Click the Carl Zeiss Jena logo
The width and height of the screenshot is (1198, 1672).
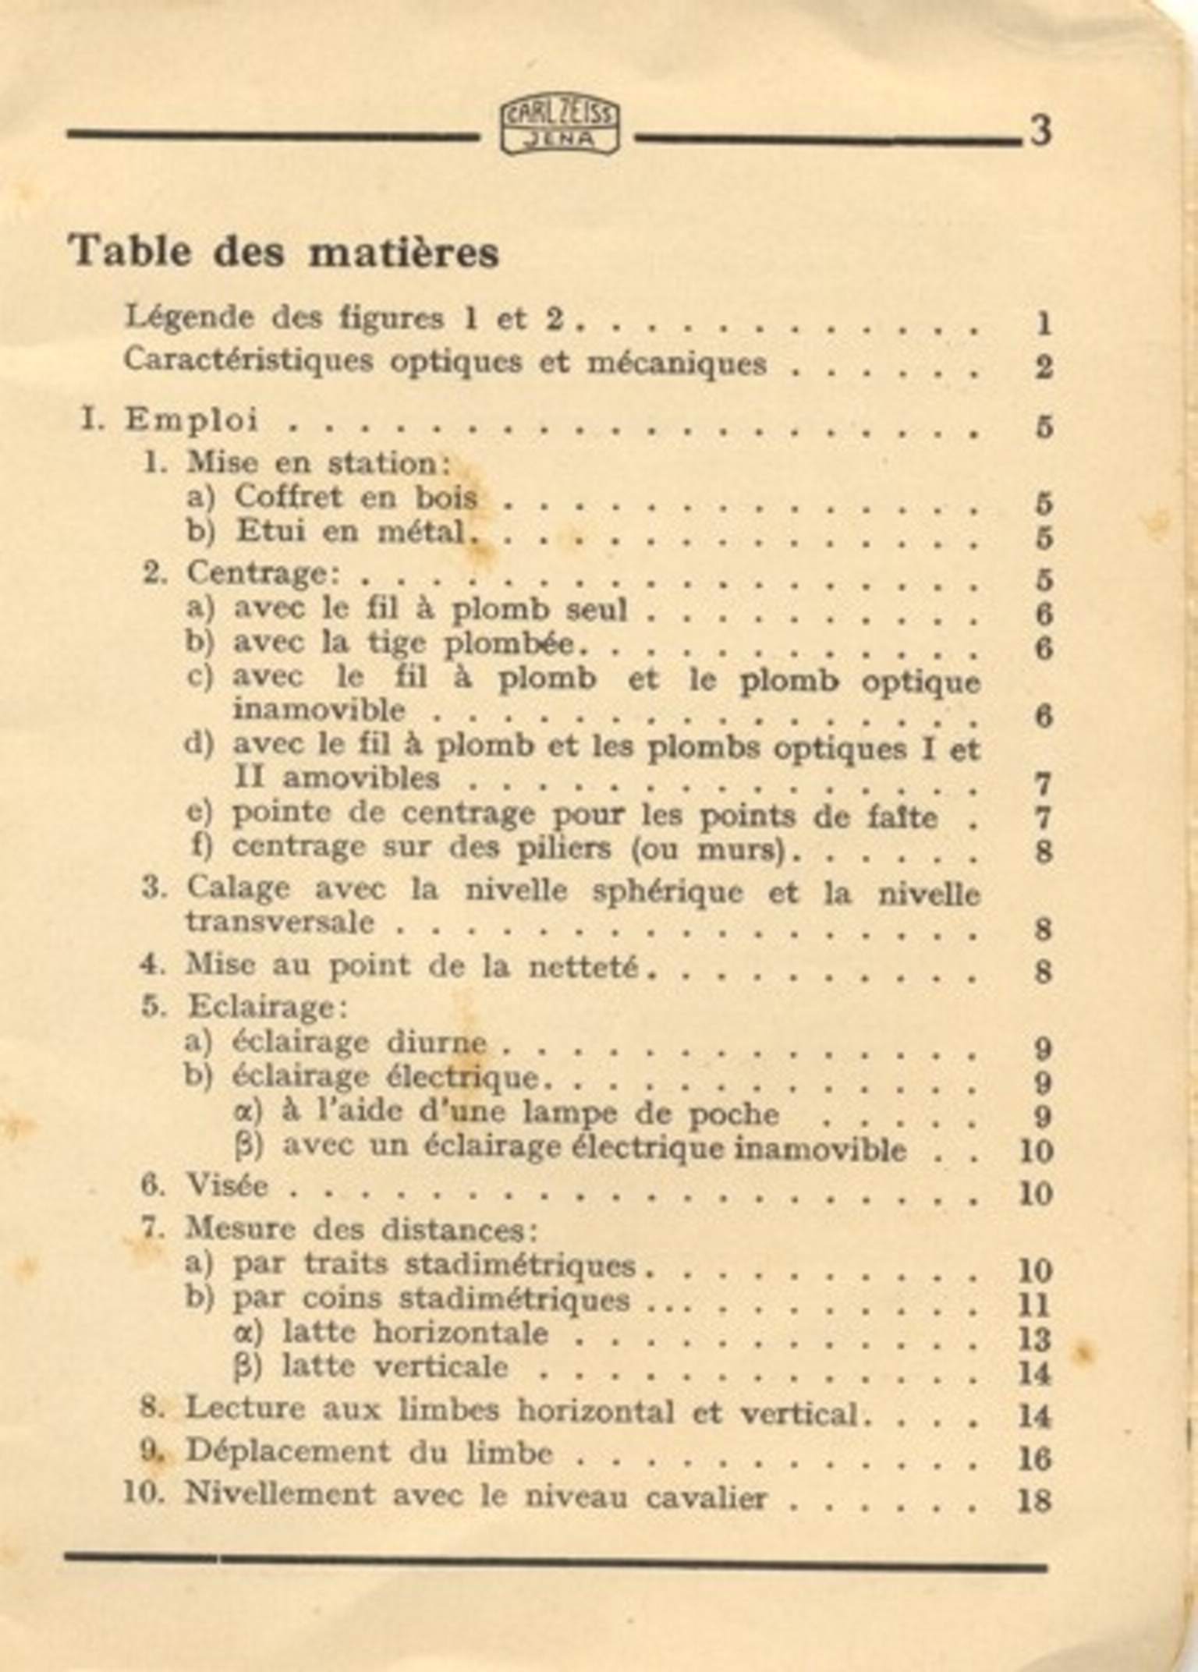coord(559,128)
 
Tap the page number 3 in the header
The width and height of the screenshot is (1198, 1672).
coord(1040,131)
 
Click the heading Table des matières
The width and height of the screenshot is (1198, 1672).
coord(284,252)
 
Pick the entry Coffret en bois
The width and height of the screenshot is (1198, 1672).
coord(355,497)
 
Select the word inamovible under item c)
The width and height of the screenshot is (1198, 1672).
coord(319,710)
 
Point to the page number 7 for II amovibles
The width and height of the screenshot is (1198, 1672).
coord(1044,783)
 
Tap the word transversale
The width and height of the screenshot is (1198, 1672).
coord(279,923)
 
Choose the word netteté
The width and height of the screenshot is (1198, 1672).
coord(583,967)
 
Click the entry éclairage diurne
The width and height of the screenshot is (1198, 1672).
coord(360,1043)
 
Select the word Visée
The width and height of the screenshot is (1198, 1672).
coord(227,1186)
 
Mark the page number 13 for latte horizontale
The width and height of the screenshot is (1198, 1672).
coord(1036,1339)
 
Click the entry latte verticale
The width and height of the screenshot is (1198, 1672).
coord(395,1367)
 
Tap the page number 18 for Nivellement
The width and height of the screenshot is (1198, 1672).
coord(1036,1499)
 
